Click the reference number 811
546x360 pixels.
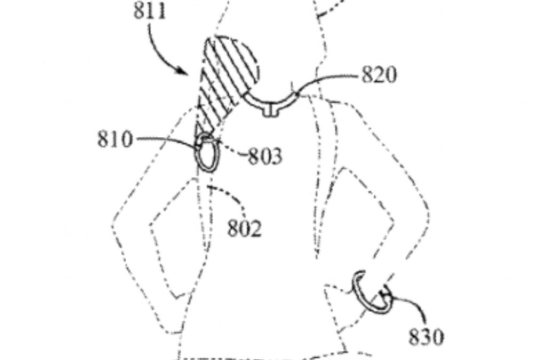pos(149,11)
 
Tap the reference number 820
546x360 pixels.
pos(380,74)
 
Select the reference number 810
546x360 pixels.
pos(114,139)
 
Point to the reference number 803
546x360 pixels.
pos(265,157)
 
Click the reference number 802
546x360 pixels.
pos(245,228)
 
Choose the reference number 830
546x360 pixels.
pos(426,337)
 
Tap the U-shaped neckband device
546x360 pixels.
pos(272,101)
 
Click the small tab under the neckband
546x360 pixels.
pos(273,110)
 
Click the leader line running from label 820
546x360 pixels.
pos(331,80)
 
